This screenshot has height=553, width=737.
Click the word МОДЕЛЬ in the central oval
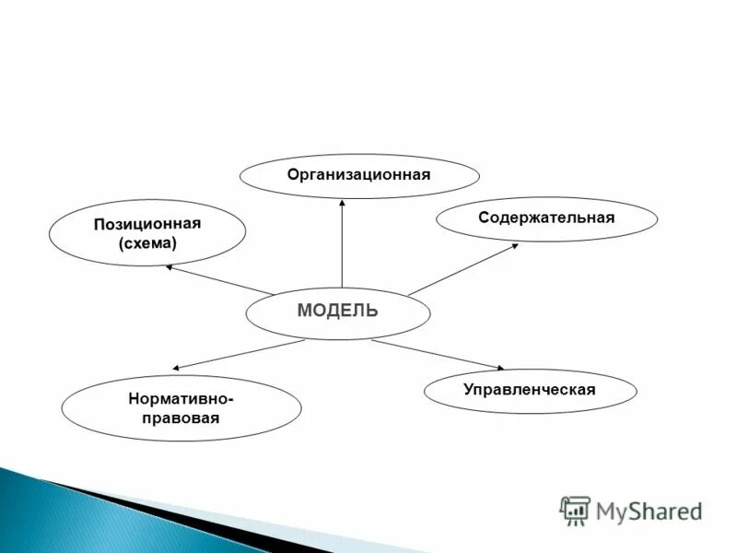[x=337, y=311]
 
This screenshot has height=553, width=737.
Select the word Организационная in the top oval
[x=358, y=174]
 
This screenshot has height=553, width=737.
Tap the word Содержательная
[x=546, y=218]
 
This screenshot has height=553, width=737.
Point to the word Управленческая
[x=530, y=389]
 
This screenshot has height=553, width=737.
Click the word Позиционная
[x=146, y=225]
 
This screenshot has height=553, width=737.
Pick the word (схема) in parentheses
[x=146, y=243]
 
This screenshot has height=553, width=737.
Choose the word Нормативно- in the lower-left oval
[x=181, y=399]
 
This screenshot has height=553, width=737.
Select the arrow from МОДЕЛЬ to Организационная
[x=342, y=244]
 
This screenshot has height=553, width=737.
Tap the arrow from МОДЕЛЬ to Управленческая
[x=438, y=355]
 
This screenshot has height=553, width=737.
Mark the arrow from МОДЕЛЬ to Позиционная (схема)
[x=221, y=280]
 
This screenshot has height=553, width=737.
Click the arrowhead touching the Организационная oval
[x=342, y=204]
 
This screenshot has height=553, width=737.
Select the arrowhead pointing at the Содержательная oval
[x=513, y=245]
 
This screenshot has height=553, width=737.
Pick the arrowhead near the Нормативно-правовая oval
[x=176, y=368]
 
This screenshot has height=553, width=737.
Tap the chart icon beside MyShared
[x=575, y=510]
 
